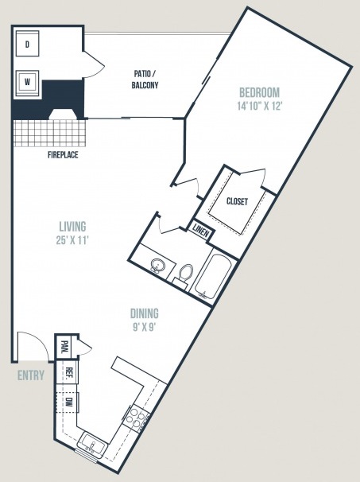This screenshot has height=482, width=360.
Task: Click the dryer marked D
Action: tap(27, 44)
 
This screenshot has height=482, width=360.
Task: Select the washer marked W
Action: tap(27, 83)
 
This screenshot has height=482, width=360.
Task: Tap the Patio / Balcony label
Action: tap(145, 80)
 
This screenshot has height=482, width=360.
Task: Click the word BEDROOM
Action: tap(260, 92)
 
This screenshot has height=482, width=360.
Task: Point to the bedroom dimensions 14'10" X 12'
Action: tap(260, 106)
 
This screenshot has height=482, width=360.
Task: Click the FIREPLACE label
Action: tap(63, 155)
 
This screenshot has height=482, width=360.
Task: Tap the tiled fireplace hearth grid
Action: tap(49, 133)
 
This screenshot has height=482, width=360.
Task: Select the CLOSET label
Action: tap(237, 201)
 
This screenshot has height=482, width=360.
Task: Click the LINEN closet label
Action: tap(201, 229)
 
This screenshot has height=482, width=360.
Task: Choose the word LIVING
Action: tap(72, 227)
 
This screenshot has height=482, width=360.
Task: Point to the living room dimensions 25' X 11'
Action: tap(72, 240)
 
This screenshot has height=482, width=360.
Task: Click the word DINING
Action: tap(145, 313)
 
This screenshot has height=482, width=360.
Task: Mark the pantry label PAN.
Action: tap(64, 348)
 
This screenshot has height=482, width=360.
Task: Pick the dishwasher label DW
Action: tap(68, 401)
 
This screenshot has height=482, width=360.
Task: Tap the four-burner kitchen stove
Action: tap(136, 418)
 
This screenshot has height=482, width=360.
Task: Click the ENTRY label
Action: tap(31, 375)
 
